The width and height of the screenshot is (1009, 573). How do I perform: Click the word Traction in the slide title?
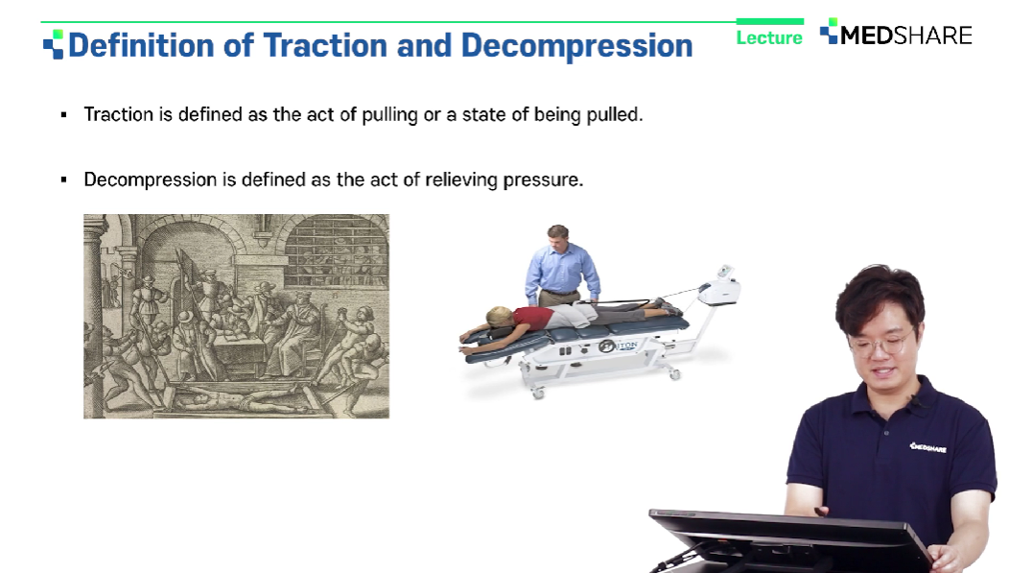coord(325,46)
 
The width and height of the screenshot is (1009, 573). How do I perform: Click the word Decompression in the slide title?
coord(576,47)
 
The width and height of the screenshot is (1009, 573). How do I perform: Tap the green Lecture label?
coord(769,38)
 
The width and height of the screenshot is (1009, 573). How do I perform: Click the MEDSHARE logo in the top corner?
coord(896,33)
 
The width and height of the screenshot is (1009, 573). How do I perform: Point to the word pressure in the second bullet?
coord(543,180)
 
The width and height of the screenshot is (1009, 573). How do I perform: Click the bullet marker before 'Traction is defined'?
coord(63,115)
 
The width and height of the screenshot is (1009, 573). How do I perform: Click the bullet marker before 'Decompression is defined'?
coord(63,179)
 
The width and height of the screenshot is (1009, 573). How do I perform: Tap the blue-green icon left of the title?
coord(54,44)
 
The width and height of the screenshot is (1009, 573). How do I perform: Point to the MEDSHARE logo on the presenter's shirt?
coord(927,447)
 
